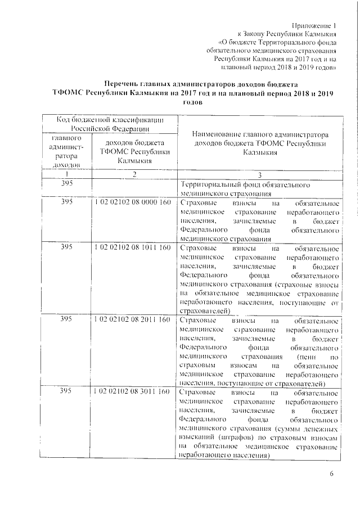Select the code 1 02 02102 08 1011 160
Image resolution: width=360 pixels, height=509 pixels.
(x=132, y=247)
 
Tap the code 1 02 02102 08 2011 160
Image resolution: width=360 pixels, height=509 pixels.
(x=132, y=320)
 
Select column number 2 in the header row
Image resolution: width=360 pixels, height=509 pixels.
(x=134, y=174)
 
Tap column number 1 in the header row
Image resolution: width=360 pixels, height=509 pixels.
(x=66, y=174)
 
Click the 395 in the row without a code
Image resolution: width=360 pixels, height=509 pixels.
(x=66, y=184)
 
